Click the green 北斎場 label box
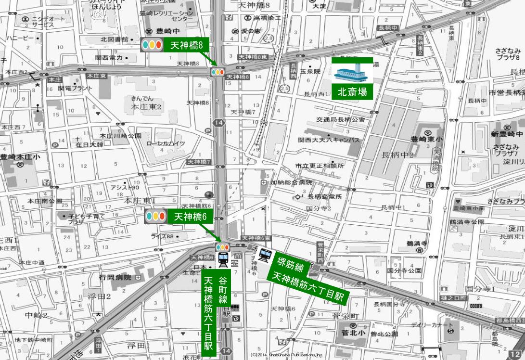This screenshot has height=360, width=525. click(352, 92)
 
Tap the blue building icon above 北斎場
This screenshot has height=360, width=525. click(352, 73)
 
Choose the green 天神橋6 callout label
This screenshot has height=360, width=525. click(191, 217)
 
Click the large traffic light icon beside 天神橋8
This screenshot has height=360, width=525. click(152, 45)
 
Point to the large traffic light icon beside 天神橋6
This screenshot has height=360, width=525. click(155, 217)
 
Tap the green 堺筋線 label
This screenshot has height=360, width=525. click(290, 265)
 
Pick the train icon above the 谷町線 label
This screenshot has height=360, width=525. click(223, 259)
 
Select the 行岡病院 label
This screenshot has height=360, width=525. click(115, 278)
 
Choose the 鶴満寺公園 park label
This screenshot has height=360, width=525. click(467, 222)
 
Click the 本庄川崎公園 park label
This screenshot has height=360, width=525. click(120, 136)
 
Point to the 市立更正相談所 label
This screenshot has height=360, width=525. click(320, 166)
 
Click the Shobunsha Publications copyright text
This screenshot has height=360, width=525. click(287, 355)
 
